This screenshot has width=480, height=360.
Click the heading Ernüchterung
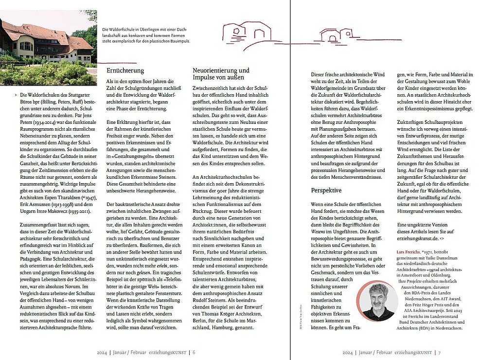[125, 71]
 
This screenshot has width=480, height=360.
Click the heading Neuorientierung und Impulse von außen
[221, 74]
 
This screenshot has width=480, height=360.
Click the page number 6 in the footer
[194, 353]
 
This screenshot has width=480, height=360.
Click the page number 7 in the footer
[439, 353]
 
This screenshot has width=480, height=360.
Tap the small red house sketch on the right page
[336, 34]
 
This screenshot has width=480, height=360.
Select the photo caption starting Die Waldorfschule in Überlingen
[146, 35]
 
